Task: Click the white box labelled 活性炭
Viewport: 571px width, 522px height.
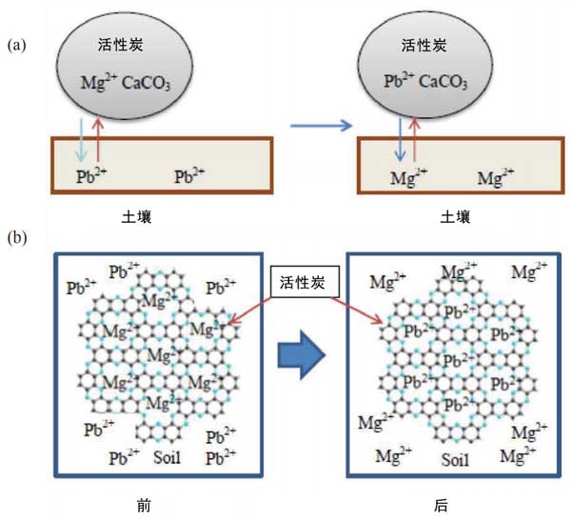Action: click(x=302, y=282)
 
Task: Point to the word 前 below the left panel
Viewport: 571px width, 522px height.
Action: click(x=158, y=505)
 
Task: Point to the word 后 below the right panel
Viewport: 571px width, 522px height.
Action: click(x=443, y=505)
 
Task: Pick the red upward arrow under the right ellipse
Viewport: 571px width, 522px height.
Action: click(x=415, y=141)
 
